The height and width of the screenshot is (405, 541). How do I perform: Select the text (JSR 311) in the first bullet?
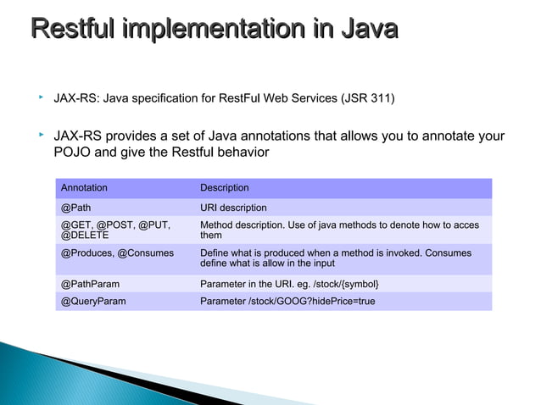(366, 99)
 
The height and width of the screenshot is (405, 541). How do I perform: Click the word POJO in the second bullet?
(71, 153)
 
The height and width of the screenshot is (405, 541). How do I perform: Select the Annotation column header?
(84, 187)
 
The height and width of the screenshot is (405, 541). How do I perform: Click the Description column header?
(224, 187)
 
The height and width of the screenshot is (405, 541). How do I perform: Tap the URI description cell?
(233, 208)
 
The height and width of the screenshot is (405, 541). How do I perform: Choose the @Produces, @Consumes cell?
(117, 252)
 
